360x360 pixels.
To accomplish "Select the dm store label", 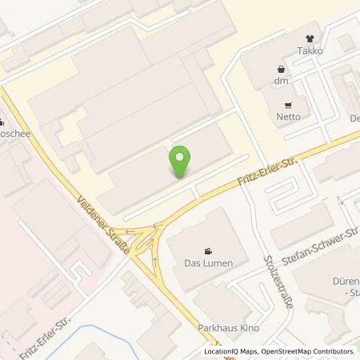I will pyautogui.click(x=280, y=80).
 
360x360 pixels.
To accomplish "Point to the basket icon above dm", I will pyautogui.click(x=280, y=68).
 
